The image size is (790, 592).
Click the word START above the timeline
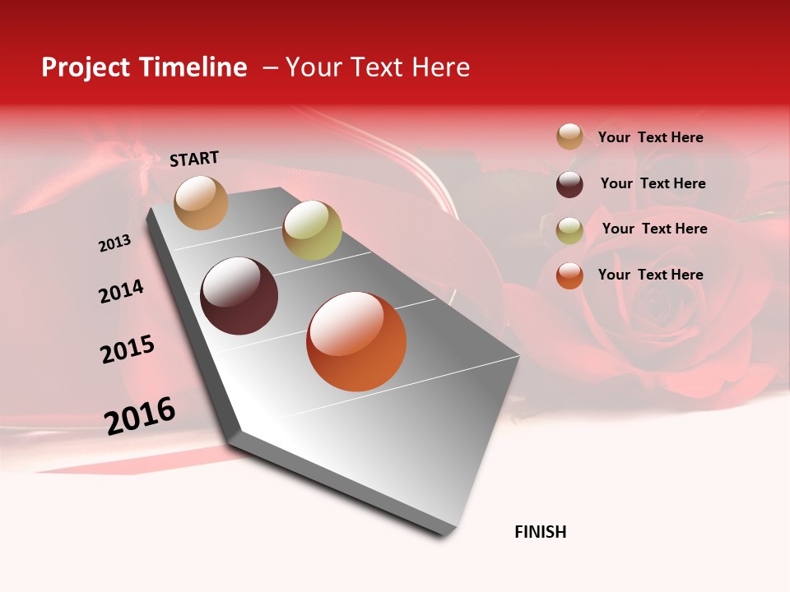(194, 159)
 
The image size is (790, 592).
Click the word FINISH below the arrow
(541, 532)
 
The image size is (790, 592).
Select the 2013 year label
(115, 243)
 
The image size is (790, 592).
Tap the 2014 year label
(121, 292)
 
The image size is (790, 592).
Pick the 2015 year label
(128, 349)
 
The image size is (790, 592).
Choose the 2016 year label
(140, 415)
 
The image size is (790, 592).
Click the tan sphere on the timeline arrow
(201, 202)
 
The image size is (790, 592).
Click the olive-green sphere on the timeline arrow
(312, 229)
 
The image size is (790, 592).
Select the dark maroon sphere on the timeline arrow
(239, 296)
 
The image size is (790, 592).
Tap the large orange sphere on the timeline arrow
(356, 341)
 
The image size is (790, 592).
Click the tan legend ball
(569, 136)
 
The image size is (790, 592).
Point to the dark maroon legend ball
(569, 184)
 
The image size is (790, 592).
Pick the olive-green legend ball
(569, 230)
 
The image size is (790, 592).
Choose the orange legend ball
(569, 275)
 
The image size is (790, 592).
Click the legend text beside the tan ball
(650, 138)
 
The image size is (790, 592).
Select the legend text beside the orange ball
(650, 275)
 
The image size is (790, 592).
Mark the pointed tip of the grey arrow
(446, 534)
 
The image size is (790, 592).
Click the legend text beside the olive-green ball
(654, 229)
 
